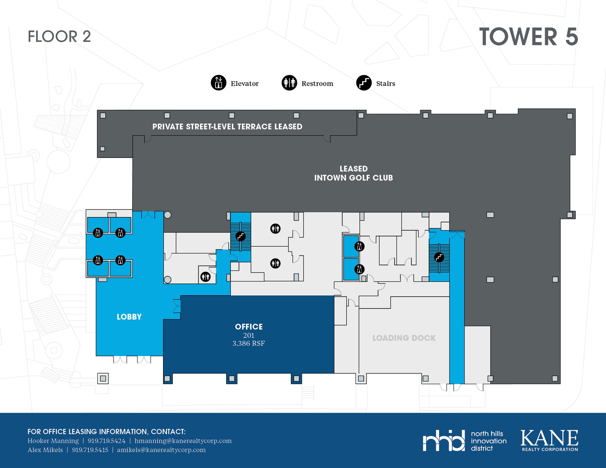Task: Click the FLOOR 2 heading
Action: (59, 37)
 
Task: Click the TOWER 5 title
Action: (528, 37)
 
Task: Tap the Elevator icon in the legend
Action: (218, 82)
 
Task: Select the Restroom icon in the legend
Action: (289, 82)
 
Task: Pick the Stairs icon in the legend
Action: (364, 82)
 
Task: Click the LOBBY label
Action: (129, 317)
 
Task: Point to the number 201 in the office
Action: (249, 335)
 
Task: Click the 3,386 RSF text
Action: (249, 343)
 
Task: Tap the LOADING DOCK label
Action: (404, 338)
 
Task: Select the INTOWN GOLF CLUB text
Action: (353, 178)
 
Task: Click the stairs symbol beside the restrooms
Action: (241, 236)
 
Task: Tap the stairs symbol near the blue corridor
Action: (439, 257)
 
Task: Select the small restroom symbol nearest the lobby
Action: (205, 277)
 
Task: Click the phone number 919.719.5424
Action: (107, 441)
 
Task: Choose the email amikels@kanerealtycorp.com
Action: (161, 450)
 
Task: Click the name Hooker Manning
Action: (53, 441)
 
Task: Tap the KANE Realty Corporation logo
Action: (549, 441)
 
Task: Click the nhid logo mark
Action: (444, 441)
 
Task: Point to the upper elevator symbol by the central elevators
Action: (359, 246)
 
